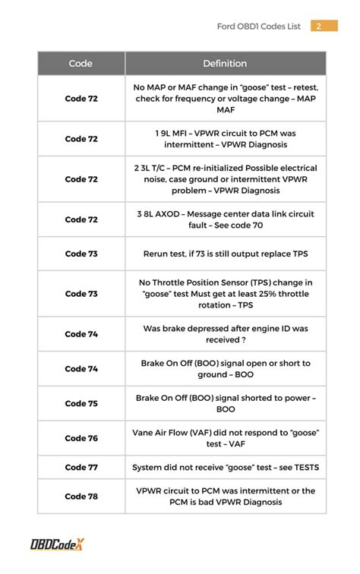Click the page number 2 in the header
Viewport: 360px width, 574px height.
[319, 27]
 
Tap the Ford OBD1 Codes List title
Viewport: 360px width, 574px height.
[259, 27]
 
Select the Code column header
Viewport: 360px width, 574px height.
[81, 64]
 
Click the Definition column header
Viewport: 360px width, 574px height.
[225, 64]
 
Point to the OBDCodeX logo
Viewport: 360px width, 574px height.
[57, 544]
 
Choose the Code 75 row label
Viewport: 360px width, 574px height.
[81, 403]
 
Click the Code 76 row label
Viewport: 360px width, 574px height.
[81, 438]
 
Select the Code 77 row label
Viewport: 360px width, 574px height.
[81, 468]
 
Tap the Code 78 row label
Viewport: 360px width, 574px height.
[81, 497]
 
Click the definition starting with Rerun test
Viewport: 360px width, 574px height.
[226, 254]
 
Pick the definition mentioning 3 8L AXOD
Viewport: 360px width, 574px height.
[226, 219]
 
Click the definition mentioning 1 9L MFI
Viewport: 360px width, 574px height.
[226, 139]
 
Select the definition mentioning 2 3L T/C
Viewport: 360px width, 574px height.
[226, 179]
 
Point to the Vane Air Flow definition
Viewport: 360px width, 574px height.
[226, 438]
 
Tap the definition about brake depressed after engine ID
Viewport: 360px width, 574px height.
[226, 334]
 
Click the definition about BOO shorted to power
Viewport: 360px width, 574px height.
[226, 403]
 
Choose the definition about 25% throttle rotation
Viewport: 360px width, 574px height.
[226, 294]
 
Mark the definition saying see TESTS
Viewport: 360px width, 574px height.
[226, 468]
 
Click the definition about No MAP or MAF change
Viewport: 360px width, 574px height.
[226, 99]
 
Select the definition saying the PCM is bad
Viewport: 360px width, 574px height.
[226, 497]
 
